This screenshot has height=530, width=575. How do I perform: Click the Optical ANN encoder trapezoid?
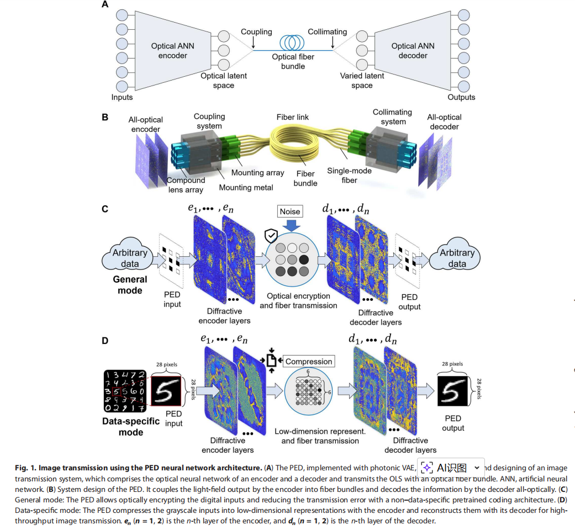coord(172,51)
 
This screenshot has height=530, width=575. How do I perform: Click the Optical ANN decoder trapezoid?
coord(413,51)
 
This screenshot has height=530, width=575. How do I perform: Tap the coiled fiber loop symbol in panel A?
coord(293,43)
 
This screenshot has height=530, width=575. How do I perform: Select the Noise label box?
coord(290,211)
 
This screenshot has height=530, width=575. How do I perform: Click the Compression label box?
coord(309,362)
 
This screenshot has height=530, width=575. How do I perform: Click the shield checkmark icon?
coord(271,236)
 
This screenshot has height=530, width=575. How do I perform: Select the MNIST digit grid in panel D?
coord(124,391)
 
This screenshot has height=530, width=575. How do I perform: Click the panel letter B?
coord(105,118)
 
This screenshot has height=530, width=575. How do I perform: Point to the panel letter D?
coord(105,341)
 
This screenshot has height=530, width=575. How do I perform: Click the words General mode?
coord(130,285)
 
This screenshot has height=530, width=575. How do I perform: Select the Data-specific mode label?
coord(131,426)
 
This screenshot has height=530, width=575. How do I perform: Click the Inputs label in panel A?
coord(122,97)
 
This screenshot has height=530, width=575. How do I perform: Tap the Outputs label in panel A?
coord(461,97)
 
